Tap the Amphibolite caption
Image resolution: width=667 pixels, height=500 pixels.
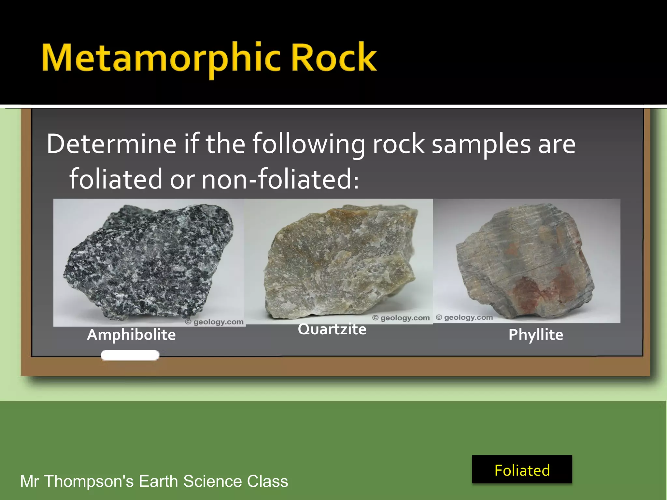pos(131,335)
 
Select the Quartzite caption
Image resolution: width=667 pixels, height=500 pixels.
pos(332,329)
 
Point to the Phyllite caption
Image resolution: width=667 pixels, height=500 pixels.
pos(536,335)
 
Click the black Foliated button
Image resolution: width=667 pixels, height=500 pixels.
pos(522,469)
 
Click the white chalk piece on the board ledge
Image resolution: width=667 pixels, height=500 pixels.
pos(130,355)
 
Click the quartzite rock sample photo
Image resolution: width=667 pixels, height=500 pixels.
pos(339,260)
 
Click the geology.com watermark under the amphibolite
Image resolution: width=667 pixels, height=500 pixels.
pos(215,322)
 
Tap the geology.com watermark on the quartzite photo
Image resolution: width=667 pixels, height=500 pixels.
pos(401,318)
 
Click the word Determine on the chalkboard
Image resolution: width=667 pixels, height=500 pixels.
pos(111,144)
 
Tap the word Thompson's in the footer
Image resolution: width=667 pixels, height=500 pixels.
pos(89,481)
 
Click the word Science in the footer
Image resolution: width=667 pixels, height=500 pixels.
pos(213,481)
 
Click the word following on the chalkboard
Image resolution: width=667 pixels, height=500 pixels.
pos(309,144)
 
